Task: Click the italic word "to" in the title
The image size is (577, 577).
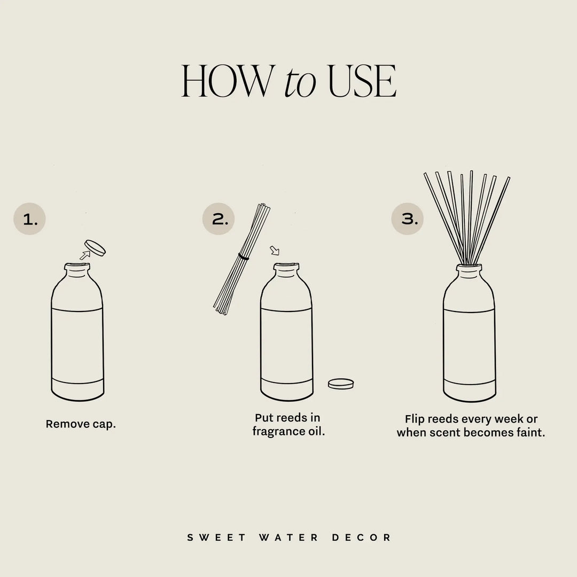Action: [x=300, y=83]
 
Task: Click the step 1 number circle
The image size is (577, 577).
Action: [x=30, y=219]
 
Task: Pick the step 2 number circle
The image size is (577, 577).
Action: [x=219, y=219]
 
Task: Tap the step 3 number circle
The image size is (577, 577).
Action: [x=408, y=219]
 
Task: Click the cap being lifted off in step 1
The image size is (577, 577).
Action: [x=96, y=247]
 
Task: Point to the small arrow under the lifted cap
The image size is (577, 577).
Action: [x=84, y=256]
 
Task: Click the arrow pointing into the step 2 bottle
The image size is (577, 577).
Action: [x=275, y=250]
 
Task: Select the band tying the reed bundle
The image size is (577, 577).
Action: [x=244, y=258]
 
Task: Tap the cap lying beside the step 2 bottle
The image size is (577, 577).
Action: [x=341, y=383]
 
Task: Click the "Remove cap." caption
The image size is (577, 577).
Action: [x=81, y=424]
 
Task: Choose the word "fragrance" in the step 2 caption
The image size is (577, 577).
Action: [x=279, y=431]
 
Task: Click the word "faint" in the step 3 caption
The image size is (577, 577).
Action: [x=529, y=432]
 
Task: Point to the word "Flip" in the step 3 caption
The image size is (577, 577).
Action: [x=416, y=419]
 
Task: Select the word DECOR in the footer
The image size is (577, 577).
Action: [x=362, y=537]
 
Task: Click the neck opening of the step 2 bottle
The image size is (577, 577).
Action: [x=286, y=265]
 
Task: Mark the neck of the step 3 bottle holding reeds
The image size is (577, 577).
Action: [x=470, y=272]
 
